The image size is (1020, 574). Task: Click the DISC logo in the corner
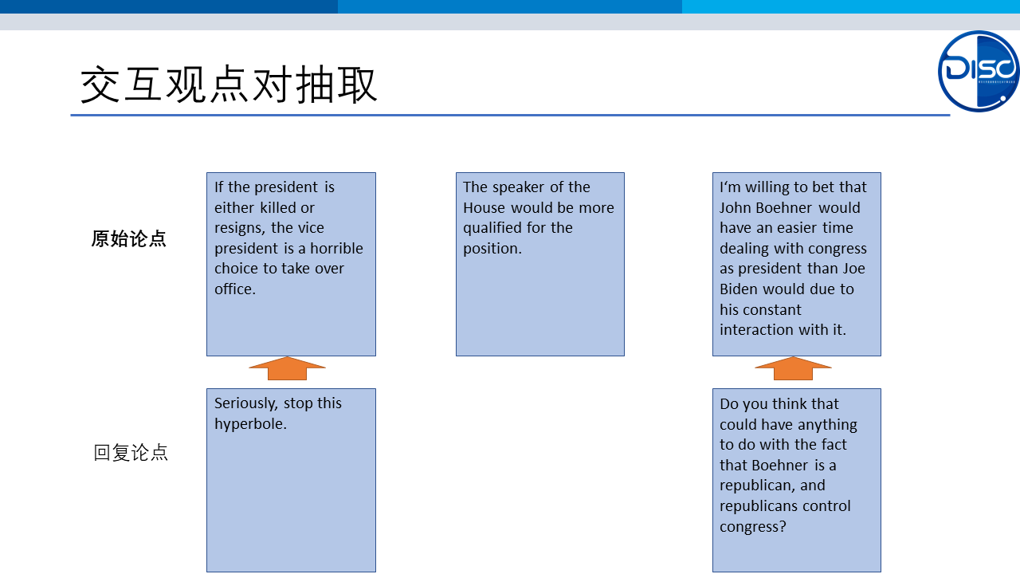[x=978, y=71]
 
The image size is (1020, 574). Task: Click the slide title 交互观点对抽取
[x=229, y=85]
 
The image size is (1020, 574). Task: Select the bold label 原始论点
[x=129, y=238]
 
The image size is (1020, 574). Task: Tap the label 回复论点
[x=131, y=453]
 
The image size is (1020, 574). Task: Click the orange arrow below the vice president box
[x=288, y=368]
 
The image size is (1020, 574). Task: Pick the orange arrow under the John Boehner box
[x=793, y=368]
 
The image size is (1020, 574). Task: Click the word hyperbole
[x=250, y=424]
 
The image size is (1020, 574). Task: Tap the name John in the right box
[x=736, y=208]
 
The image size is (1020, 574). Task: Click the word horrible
[x=336, y=248]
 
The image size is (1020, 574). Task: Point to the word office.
[x=235, y=289]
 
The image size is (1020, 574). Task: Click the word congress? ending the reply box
[x=753, y=527]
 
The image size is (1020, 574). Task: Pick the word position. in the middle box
[x=492, y=249]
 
